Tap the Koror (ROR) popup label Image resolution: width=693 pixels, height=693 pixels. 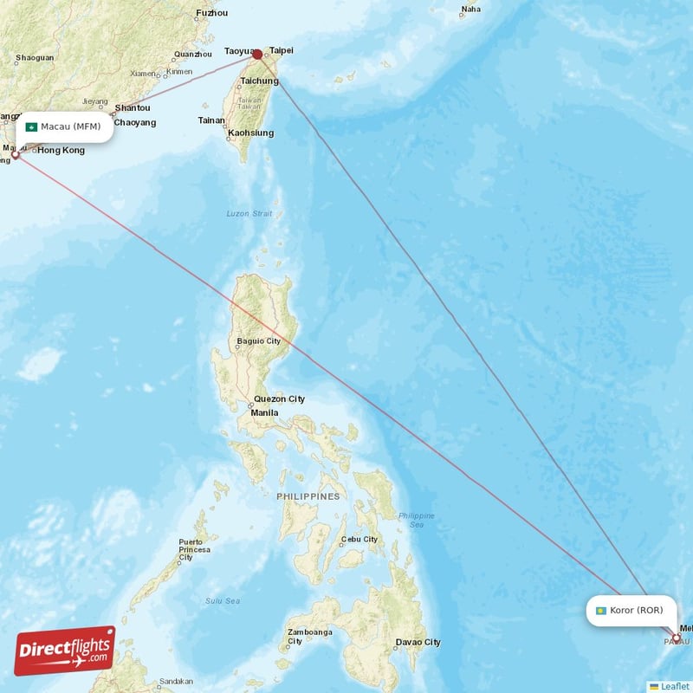click(629, 611)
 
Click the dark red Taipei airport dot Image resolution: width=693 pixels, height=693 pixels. click(257, 54)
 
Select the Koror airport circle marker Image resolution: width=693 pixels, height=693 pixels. click(677, 639)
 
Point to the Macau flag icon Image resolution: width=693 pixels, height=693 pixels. click(30, 127)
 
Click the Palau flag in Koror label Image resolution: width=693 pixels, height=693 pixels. click(599, 611)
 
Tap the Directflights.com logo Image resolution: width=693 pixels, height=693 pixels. click(64, 651)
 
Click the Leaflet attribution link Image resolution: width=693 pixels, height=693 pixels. click(674, 686)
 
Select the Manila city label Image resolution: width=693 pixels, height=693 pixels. click(264, 412)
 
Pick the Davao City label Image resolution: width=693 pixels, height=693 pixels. click(418, 642)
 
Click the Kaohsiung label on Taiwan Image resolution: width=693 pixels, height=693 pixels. click(250, 133)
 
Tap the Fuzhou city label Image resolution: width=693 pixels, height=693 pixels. click(212, 13)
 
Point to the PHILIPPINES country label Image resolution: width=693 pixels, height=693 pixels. click(308, 496)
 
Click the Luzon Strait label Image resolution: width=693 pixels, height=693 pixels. click(249, 213)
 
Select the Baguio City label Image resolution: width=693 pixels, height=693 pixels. click(259, 341)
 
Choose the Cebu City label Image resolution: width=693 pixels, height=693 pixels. click(359, 539)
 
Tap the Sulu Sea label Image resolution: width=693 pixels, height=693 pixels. click(223, 599)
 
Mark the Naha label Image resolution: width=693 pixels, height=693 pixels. click(470, 10)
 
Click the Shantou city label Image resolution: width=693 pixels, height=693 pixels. click(133, 108)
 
